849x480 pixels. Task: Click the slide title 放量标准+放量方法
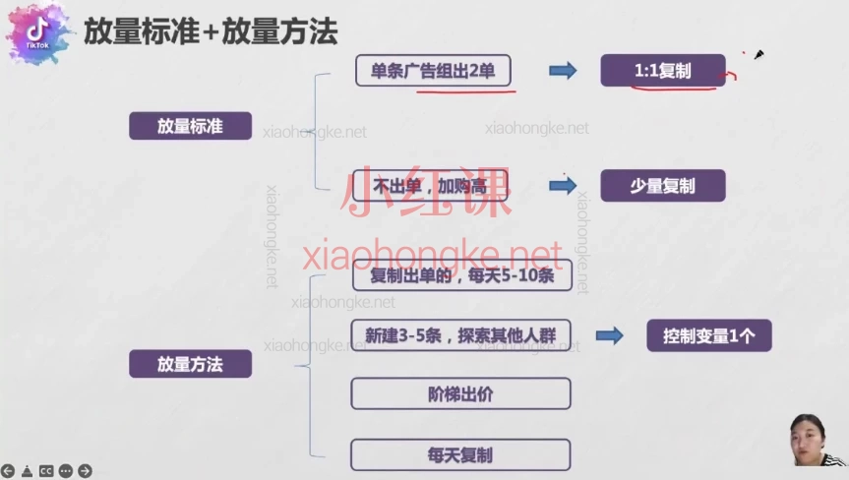[211, 31]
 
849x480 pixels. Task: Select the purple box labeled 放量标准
[190, 126]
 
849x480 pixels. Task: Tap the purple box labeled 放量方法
[190, 364]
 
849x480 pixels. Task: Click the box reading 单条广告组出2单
[433, 71]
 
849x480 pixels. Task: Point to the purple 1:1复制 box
[662, 71]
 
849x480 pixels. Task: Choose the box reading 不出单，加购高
[430, 186]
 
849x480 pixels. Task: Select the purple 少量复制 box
[662, 186]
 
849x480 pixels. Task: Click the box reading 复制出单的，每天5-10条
[460, 276]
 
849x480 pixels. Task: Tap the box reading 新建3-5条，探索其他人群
[460, 335]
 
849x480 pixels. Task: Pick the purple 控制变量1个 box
[708, 335]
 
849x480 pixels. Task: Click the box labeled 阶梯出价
[460, 393]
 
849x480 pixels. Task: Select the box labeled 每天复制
[460, 454]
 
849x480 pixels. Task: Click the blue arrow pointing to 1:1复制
[563, 71]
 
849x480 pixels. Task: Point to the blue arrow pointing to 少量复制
[563, 186]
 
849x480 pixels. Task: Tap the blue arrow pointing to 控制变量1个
[610, 335]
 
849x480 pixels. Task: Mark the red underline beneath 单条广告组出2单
[464, 91]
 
